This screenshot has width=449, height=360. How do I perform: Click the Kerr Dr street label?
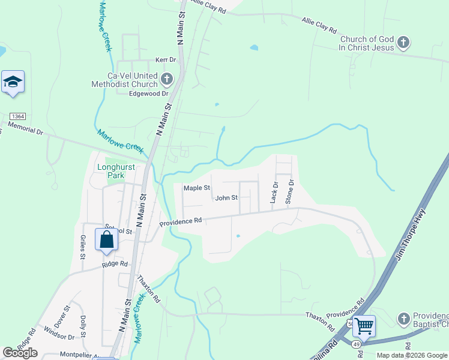point(166,60)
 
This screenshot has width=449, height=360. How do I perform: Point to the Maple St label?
point(196,188)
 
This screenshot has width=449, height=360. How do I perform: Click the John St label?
point(226,197)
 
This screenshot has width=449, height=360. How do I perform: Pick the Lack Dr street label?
point(274,193)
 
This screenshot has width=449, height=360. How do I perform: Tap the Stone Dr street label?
point(291,191)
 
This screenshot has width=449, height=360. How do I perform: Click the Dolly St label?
point(83,328)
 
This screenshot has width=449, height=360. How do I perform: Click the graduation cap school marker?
point(13,82)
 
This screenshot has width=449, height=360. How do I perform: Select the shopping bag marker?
point(106,239)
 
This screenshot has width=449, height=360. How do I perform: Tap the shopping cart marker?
point(364,327)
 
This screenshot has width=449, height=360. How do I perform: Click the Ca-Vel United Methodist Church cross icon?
point(166,79)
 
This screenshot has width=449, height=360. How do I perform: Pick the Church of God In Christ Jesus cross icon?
point(404,43)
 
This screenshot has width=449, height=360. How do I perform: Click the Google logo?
point(20,353)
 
